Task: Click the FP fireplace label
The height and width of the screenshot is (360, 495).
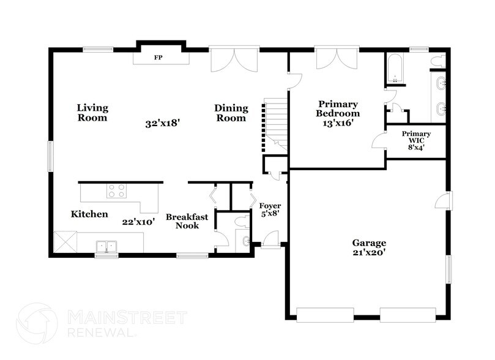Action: pos(158,58)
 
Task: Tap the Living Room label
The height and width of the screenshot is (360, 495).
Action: pos(92,113)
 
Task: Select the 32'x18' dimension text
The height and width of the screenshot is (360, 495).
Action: pos(162,123)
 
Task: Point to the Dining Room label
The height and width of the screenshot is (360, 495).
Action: pos(231,113)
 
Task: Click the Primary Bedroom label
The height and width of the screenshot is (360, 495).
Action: pos(337,108)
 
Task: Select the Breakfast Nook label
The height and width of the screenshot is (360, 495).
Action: pos(187,221)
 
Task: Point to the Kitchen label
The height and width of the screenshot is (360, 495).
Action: pos(89,214)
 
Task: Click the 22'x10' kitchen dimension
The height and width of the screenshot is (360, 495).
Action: pos(138,222)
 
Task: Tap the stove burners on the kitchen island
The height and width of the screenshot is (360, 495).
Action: pos(116,191)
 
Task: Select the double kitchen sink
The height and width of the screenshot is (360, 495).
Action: pos(106,246)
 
